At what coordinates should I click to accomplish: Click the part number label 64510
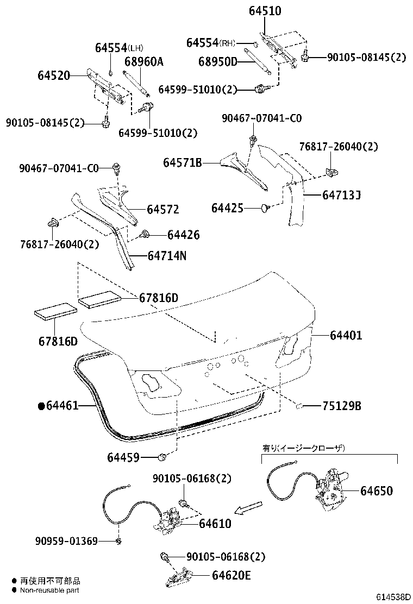point(265,10)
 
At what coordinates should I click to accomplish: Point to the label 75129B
point(341,406)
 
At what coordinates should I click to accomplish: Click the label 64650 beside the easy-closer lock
point(376,491)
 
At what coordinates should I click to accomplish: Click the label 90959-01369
point(66,541)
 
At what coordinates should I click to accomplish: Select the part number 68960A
point(143,61)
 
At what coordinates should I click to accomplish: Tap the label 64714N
point(167,255)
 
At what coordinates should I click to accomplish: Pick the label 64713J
point(341,193)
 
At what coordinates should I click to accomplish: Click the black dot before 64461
point(41,406)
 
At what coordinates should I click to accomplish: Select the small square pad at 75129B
point(299,405)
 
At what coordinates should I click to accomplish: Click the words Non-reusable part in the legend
point(50,590)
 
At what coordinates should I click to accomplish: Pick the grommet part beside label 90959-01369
point(118,540)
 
